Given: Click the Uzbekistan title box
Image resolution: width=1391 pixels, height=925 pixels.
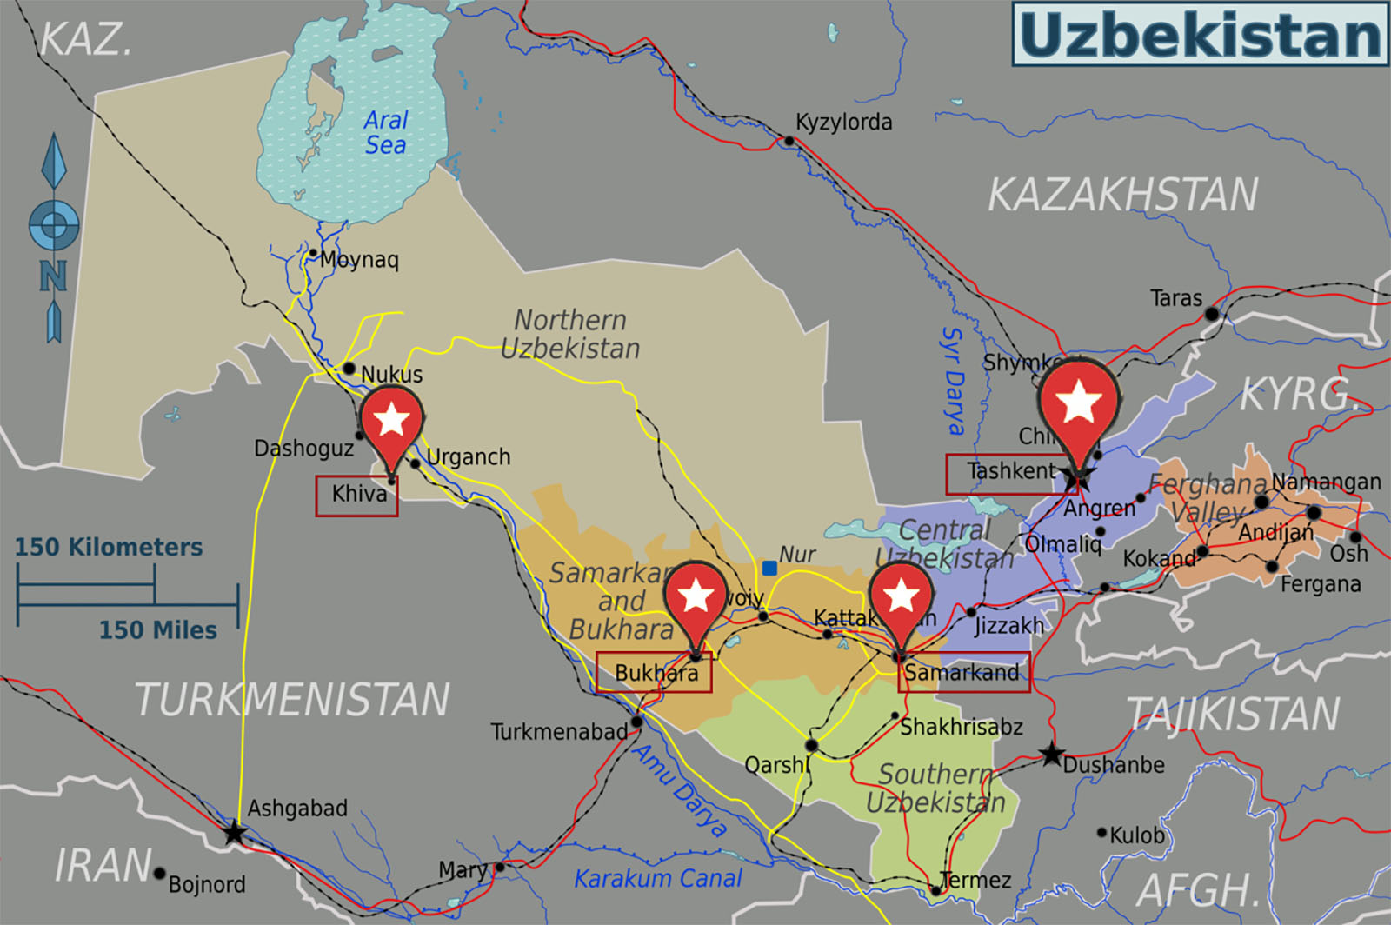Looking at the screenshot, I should point(1200,35).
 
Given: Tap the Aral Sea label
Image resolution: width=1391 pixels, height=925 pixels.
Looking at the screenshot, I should point(385,132).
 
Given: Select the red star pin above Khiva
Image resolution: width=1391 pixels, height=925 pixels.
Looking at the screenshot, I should point(391,422).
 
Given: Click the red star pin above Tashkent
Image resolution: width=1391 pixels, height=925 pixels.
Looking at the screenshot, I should point(1078,404).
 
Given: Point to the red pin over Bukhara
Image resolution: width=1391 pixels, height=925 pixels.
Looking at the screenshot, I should point(695,598).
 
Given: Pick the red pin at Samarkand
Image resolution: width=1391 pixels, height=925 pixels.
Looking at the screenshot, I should point(901,598).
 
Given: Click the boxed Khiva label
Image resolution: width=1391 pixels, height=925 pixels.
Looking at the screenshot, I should point(357,495).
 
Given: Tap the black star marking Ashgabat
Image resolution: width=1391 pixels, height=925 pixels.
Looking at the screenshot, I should point(234,833).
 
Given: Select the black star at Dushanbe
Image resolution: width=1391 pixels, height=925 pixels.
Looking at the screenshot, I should point(1052,754).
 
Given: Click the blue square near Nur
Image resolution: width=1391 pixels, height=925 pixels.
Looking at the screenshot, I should point(769,568).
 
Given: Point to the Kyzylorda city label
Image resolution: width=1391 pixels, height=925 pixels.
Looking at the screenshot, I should point(843,123).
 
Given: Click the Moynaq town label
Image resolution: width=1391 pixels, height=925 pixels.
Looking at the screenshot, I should point(359,259).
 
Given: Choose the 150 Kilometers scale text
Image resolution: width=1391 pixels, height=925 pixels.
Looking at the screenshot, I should point(109,547).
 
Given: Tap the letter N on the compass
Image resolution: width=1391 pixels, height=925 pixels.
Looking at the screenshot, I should point(53,276).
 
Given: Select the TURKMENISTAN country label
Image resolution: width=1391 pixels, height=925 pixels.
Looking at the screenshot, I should point(292,700).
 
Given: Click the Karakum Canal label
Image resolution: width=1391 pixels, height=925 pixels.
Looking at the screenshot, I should point(658,878).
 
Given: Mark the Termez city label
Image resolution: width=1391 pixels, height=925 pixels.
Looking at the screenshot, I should point(976,880).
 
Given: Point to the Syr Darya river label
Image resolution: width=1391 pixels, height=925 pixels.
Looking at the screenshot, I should point(955,381).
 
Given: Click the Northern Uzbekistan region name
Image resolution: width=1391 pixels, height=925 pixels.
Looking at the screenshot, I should point(570,334).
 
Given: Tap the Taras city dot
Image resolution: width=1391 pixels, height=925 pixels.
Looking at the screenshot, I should point(1212,314).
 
